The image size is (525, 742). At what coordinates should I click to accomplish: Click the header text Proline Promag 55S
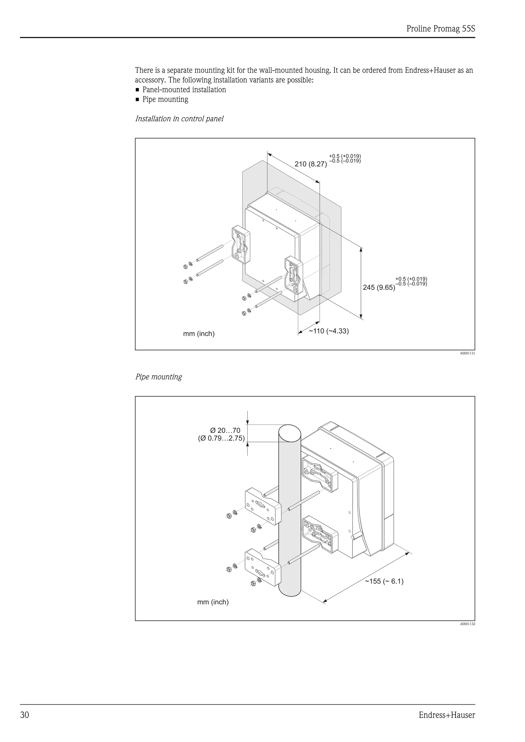[441, 29]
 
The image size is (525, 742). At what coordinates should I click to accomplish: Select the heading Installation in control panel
[179, 119]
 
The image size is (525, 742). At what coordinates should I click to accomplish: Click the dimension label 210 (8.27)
[310, 164]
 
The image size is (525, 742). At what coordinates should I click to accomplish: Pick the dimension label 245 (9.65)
[379, 287]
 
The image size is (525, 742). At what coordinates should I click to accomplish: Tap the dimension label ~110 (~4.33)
[328, 331]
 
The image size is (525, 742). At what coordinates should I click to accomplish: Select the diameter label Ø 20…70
[225, 430]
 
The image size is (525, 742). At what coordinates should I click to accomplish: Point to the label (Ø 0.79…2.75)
[221, 439]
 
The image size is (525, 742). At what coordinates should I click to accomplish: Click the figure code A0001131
[467, 354]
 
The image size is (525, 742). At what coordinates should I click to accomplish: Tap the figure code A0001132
[467, 624]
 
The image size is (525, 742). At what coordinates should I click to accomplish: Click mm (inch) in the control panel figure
[199, 334]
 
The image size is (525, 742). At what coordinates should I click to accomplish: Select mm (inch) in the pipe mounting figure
[213, 602]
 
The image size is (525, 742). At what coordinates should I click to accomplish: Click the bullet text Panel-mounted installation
[184, 90]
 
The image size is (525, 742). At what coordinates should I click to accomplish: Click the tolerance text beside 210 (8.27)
[345, 158]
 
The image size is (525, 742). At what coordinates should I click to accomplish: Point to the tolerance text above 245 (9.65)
[411, 281]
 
